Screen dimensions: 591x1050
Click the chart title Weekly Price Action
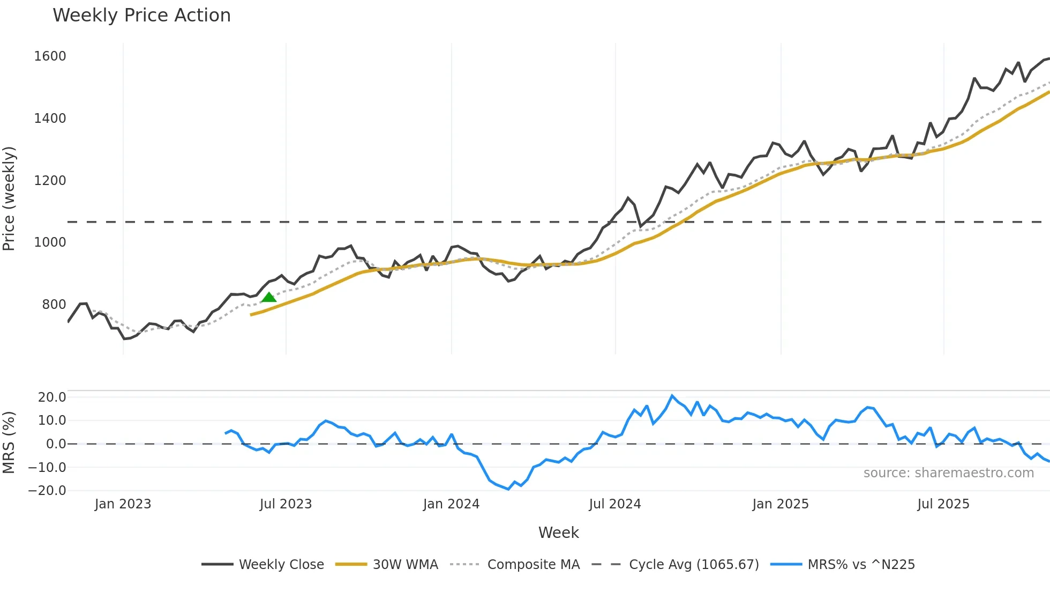coord(141,16)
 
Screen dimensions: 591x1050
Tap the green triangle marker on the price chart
coord(269,297)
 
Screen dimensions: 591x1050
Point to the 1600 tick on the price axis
coord(50,56)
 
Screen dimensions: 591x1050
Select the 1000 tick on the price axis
coord(50,242)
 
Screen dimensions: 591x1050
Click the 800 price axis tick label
coord(54,305)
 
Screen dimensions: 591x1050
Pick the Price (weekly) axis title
coord(9,198)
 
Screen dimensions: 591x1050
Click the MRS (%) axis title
coord(9,442)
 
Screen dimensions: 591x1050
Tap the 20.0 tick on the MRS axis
coord(51,397)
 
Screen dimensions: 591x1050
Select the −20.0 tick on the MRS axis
coord(47,491)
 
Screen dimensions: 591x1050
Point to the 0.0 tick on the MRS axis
coord(56,444)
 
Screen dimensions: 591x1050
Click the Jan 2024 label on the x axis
coord(451,504)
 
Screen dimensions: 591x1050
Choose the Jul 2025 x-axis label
coord(943,504)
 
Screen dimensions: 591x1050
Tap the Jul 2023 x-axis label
coord(286,504)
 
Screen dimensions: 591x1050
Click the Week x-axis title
coord(558,533)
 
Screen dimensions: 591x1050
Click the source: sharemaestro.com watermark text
coord(948,473)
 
